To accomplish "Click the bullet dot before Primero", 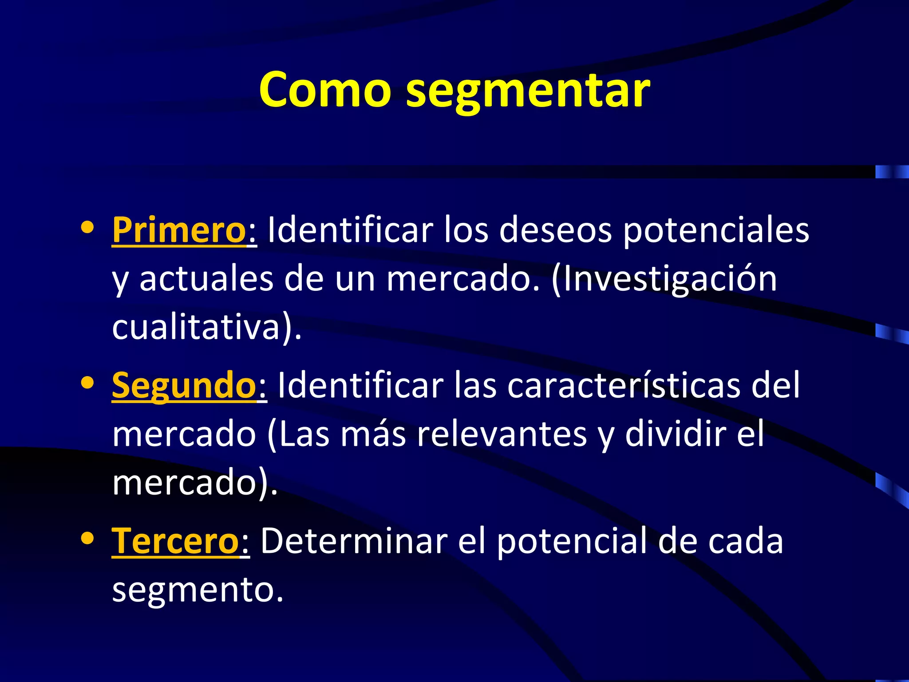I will (x=87, y=227).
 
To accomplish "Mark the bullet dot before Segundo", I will (x=87, y=383).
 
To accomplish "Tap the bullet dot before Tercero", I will (x=87, y=538).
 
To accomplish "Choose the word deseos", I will (x=555, y=230).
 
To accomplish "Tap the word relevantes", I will (x=502, y=434).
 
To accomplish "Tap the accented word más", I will (x=373, y=434).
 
